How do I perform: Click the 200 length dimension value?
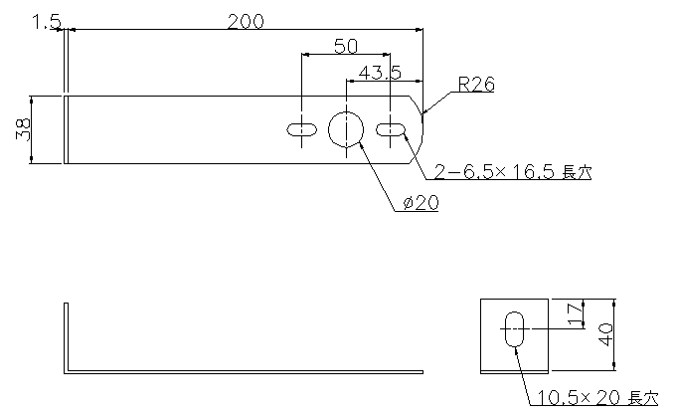(246, 22)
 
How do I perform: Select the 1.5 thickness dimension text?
(47, 22)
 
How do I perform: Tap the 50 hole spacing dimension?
(346, 46)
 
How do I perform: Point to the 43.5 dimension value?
(380, 73)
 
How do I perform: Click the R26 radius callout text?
(476, 84)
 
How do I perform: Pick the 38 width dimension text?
(23, 129)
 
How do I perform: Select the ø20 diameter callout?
(422, 203)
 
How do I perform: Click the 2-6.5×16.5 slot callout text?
(513, 172)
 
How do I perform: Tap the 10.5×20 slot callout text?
(597, 398)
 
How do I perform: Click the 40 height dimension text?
(606, 334)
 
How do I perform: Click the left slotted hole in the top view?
(302, 129)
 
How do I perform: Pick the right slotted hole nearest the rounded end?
(391, 129)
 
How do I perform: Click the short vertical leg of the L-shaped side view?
(66, 338)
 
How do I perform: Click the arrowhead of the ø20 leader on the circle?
(360, 146)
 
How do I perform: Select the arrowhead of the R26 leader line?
(425, 111)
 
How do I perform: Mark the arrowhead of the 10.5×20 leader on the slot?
(516, 349)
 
